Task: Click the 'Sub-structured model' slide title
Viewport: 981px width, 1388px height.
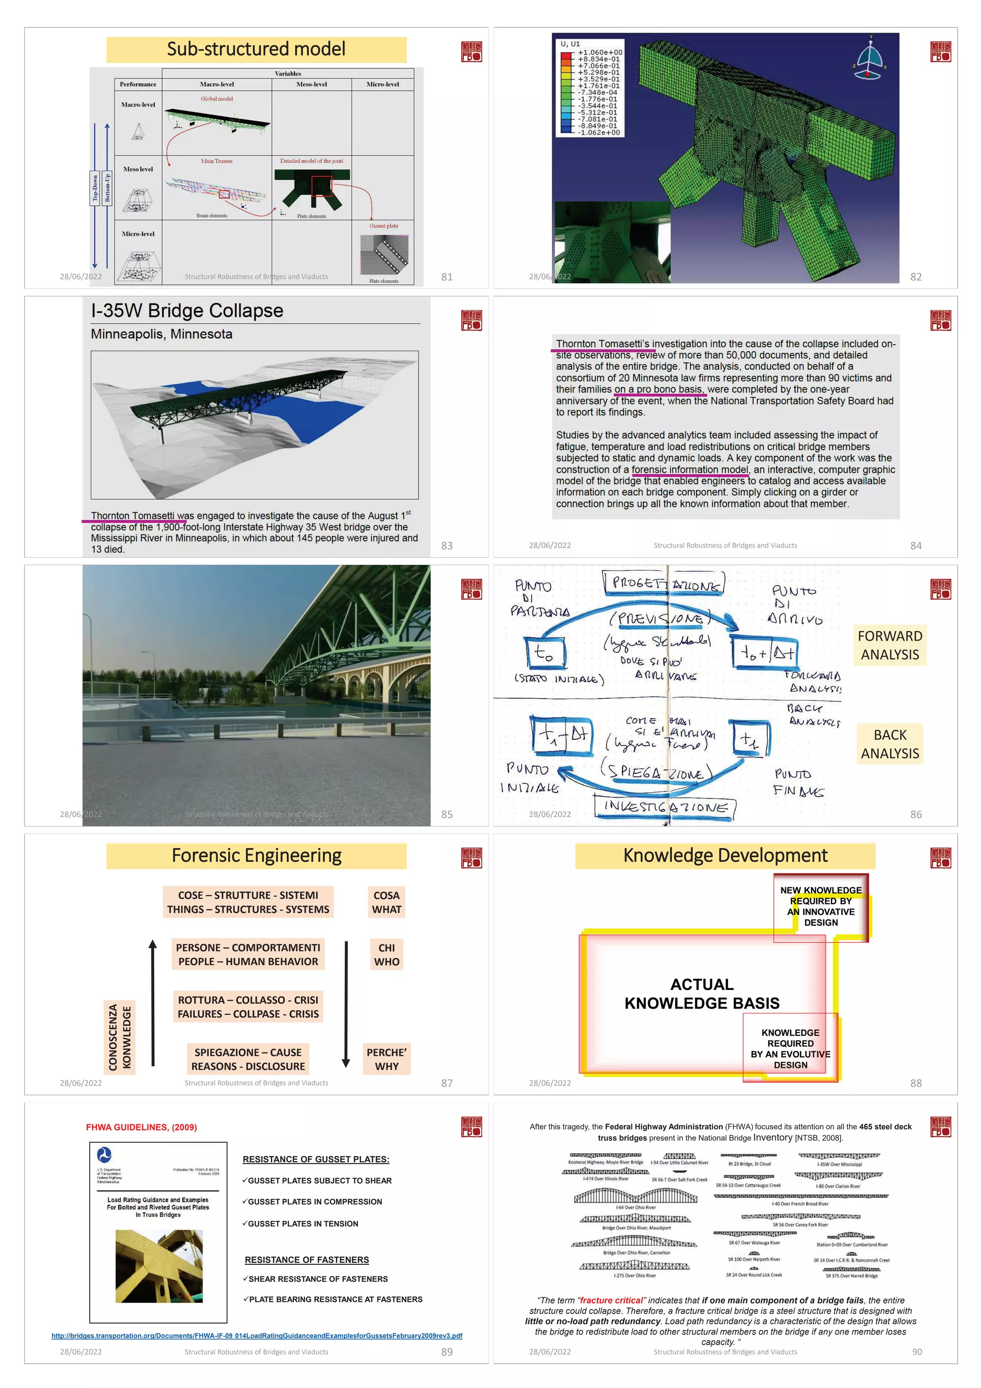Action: tap(256, 49)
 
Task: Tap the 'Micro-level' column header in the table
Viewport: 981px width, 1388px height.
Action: tap(383, 84)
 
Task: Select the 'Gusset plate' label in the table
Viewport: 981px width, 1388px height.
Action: tap(384, 226)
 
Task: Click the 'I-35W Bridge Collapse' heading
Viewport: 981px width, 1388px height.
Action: tap(187, 311)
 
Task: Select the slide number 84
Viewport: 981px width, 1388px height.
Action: tap(916, 545)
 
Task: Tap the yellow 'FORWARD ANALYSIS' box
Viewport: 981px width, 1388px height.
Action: tap(890, 645)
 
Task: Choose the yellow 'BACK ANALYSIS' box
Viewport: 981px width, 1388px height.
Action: tap(890, 744)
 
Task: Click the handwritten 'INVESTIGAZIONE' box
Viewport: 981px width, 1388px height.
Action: tap(665, 807)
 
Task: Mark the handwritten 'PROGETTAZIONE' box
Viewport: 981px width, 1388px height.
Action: tap(665, 584)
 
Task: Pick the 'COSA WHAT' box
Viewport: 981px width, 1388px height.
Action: tap(386, 902)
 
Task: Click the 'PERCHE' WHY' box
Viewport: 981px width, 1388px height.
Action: tap(386, 1059)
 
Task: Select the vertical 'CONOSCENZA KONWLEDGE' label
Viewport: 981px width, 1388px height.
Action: tap(119, 1037)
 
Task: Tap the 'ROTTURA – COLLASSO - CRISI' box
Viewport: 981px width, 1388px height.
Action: tap(248, 1007)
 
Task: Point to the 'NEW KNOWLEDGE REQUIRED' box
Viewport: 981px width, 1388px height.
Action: tap(821, 906)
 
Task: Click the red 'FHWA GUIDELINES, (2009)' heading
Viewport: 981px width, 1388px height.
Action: tap(141, 1127)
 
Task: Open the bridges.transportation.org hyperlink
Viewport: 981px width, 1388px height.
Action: tap(256, 1335)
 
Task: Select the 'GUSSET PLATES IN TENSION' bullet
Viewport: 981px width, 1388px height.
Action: tap(303, 1224)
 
